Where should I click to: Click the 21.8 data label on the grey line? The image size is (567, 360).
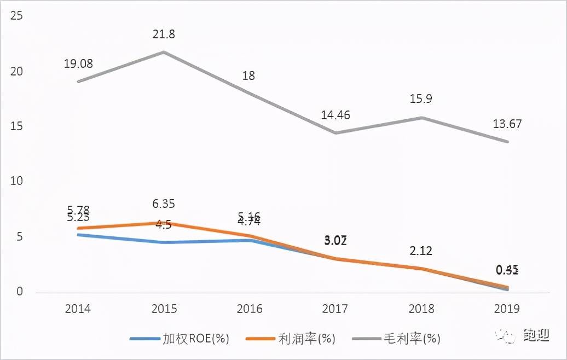coord(164,35)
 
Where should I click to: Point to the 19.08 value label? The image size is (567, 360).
coord(78,63)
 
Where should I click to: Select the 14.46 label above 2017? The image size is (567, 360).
coord(335,115)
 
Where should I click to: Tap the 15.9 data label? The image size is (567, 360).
coord(421,100)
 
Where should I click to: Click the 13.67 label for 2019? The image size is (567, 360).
coord(507,124)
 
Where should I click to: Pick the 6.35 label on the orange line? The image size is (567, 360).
coord(164,204)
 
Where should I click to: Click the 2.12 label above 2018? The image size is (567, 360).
coord(421,251)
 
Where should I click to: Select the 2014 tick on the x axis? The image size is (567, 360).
coord(78,309)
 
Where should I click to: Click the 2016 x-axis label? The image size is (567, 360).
coord(250,309)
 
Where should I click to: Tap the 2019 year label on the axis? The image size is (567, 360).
coord(507,309)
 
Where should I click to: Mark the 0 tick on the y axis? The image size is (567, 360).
coord(20,292)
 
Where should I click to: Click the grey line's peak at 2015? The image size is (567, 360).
coord(164,52)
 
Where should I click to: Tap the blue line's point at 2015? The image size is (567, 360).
coord(164,242)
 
